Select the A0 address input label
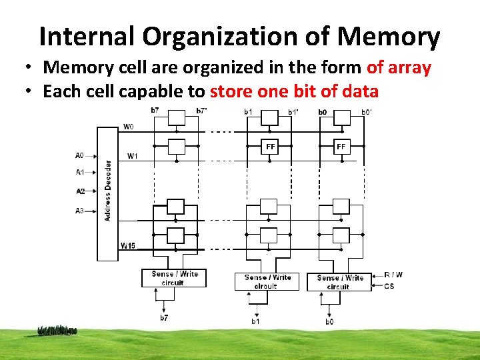[80, 155]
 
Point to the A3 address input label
[80, 211]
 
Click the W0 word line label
[128, 126]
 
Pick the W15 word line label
[128, 246]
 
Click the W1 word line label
[133, 157]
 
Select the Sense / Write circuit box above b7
[174, 278]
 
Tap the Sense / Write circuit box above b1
[266, 281]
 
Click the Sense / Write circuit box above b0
[339, 282]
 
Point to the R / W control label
[394, 275]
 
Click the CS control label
[389, 287]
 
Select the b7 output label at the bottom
[163, 318]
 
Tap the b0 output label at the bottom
[329, 322]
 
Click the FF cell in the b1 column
[269, 147]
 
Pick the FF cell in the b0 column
[341, 147]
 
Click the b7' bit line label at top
[201, 111]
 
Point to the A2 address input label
[80, 191]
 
